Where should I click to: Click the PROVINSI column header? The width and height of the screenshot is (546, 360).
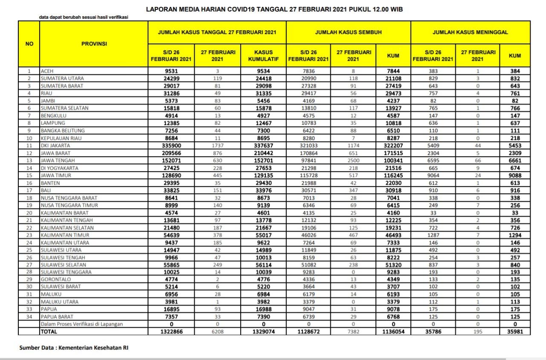point(94,44)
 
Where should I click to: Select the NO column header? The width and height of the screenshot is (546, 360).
point(29,44)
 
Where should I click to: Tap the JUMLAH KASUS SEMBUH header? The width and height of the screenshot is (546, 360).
point(348,32)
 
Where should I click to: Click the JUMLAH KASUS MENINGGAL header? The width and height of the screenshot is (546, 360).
point(470,32)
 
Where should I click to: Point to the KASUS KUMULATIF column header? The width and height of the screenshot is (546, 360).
point(264,56)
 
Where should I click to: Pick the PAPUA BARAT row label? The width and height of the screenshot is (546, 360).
point(57,316)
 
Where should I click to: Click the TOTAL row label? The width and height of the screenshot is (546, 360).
point(48,331)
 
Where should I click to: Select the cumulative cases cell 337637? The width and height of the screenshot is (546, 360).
point(264,145)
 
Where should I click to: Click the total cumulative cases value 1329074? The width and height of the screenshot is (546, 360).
point(264,331)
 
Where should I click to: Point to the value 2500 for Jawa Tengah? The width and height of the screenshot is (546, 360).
point(354,160)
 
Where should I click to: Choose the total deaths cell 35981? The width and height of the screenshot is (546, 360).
point(514,331)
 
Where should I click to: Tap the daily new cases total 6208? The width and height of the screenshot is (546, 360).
point(218,331)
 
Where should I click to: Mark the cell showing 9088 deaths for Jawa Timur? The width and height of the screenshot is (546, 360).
point(514,175)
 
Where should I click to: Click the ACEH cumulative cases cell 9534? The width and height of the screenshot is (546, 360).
point(264,71)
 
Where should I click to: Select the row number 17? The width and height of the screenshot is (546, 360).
point(29,190)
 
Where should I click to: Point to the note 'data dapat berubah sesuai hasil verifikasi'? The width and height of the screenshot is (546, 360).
point(84,17)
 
